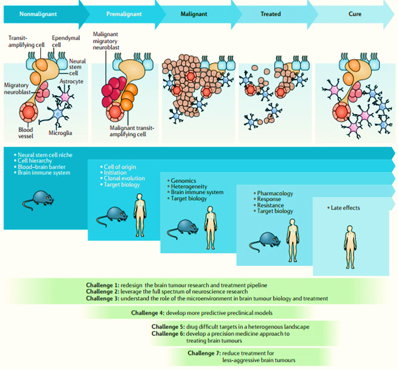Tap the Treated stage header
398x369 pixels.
point(271,13)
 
